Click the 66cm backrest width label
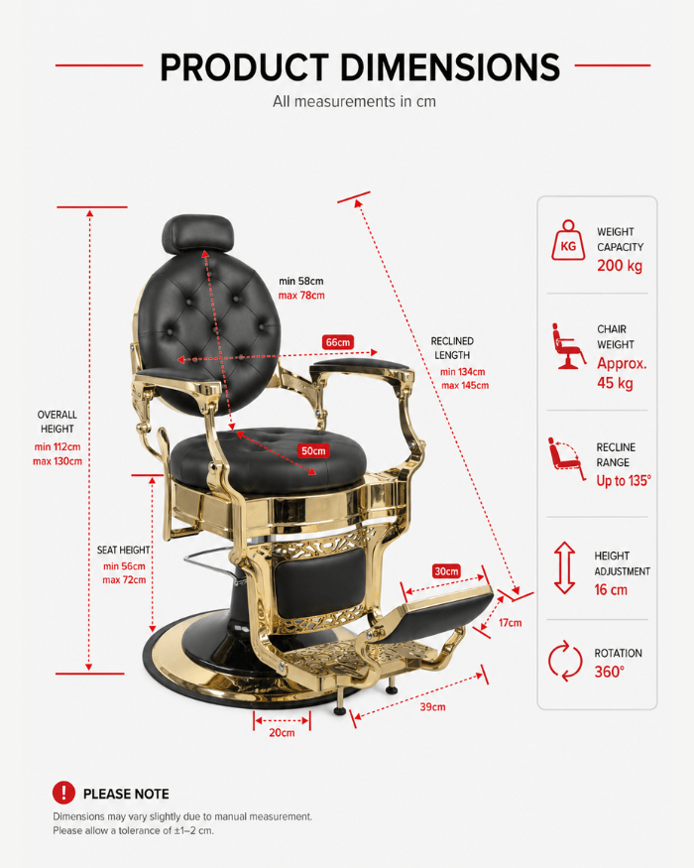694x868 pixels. point(338,342)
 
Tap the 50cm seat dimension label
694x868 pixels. point(313,450)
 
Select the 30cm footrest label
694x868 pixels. point(446,570)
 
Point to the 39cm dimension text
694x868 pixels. point(432,707)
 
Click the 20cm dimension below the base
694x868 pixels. point(282,732)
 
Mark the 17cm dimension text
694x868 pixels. point(510,623)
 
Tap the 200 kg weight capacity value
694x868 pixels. point(620,266)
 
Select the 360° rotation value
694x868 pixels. point(610,672)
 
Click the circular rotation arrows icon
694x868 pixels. point(565,661)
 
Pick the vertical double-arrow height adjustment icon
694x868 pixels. point(564,567)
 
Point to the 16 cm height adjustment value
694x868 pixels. point(611,589)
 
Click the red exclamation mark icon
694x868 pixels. point(63,793)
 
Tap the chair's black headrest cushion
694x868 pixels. point(197,233)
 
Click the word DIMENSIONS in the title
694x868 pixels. point(449,67)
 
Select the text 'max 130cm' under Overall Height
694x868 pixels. point(58,461)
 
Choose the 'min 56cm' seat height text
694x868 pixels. point(124,566)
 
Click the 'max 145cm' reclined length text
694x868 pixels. point(465,385)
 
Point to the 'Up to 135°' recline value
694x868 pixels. point(624,480)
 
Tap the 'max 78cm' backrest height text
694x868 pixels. point(301,296)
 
